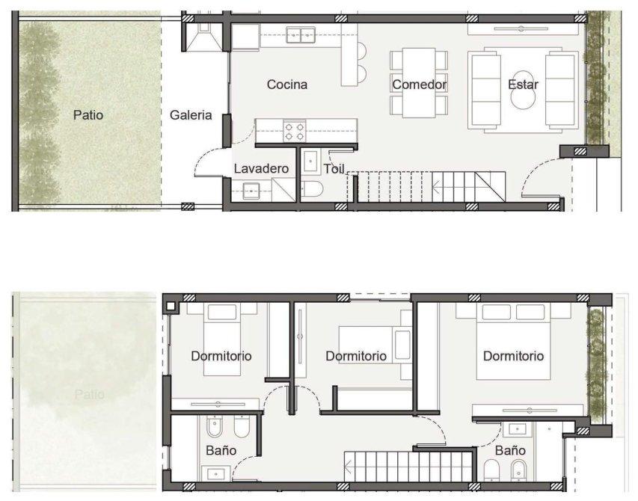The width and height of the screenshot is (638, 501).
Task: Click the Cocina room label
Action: click(x=287, y=84)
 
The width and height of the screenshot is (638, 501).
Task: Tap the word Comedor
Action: click(x=420, y=84)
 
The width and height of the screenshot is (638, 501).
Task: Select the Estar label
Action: click(x=523, y=84)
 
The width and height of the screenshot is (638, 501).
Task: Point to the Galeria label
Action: click(x=191, y=115)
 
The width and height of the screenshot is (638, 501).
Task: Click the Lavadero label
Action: click(x=261, y=168)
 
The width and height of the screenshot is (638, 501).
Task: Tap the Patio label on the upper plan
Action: click(x=88, y=115)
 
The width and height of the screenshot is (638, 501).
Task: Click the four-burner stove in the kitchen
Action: click(x=295, y=132)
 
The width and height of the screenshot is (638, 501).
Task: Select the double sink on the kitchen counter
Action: click(x=301, y=35)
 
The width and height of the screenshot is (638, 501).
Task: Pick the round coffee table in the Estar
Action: click(x=523, y=90)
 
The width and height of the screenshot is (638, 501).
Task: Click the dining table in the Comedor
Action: click(x=419, y=82)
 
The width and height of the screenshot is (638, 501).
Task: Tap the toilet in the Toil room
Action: click(x=312, y=188)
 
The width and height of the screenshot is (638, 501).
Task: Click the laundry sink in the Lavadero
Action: click(x=251, y=191)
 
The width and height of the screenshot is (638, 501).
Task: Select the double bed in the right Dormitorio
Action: click(x=513, y=341)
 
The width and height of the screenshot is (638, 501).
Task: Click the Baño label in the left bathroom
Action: click(x=221, y=450)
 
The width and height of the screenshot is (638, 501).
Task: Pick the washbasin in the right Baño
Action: click(x=517, y=428)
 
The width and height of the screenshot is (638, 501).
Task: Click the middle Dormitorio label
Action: click(x=356, y=356)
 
